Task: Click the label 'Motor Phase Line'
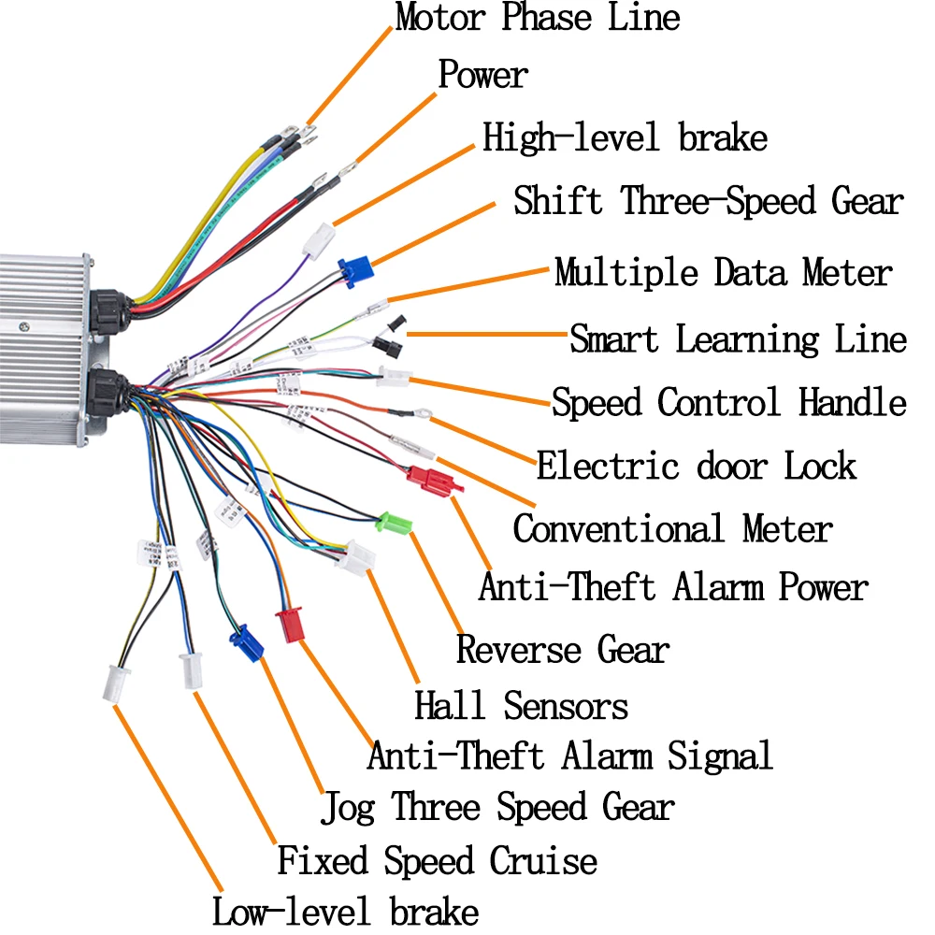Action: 538,18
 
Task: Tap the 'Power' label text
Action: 483,76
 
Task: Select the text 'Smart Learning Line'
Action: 738,338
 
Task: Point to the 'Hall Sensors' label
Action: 522,706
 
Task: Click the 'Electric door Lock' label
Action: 696,465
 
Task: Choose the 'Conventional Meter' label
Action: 672,529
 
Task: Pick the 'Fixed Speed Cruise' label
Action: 437,860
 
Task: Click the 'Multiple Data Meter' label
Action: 723,274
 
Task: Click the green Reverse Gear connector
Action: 394,522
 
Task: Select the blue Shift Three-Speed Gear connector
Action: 356,270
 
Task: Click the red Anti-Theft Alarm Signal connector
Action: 290,625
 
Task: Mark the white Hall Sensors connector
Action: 358,558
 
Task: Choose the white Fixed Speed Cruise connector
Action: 193,670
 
